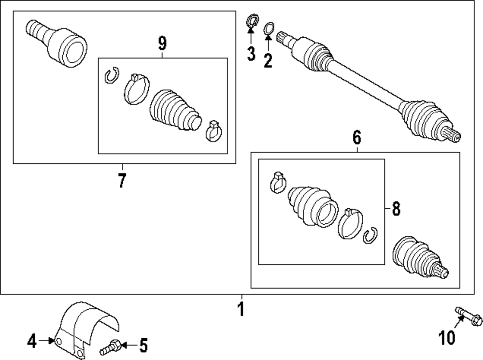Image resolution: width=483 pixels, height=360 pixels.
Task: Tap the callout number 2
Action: pos(268,60)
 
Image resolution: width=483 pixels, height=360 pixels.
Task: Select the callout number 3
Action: pos(251,54)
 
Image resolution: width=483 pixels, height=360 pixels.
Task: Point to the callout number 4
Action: pos(32,342)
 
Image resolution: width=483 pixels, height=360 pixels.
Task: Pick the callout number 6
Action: pos(356,138)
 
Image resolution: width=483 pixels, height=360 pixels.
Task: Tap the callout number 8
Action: pos(396,209)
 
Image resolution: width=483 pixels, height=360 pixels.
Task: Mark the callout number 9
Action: pos(162,44)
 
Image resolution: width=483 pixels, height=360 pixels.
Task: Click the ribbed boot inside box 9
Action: pos(174,110)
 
